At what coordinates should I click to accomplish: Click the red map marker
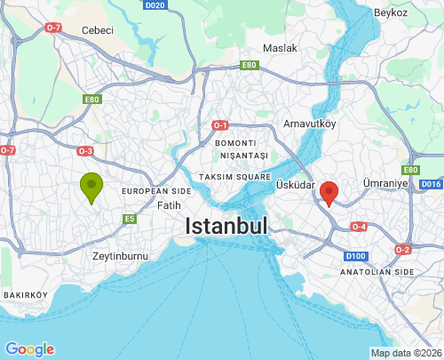point(329,192)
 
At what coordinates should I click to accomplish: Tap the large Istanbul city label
point(226,227)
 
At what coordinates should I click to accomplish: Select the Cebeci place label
point(98,30)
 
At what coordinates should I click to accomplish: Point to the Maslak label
point(280,48)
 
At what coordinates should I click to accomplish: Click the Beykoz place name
point(391,12)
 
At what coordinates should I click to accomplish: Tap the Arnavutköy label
point(309,124)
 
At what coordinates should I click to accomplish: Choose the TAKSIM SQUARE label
point(234,177)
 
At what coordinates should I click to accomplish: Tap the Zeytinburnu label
point(119,256)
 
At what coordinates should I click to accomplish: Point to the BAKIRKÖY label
point(25,294)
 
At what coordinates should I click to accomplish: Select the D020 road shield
point(155,5)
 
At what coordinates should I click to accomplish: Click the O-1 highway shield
point(221,125)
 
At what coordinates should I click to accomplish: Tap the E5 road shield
point(130,219)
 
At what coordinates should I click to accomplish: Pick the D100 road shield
point(356,256)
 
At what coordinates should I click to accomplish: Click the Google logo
point(29,349)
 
